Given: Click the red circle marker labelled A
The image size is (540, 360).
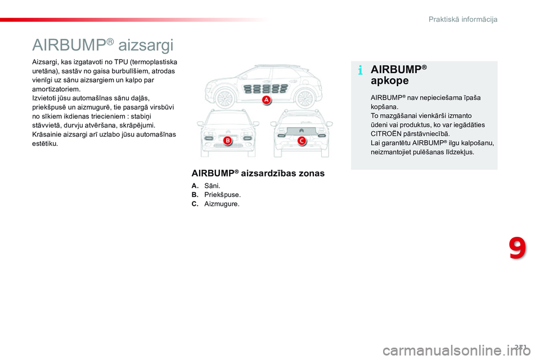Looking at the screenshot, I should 265,100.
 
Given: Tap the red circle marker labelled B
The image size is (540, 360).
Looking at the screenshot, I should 228,140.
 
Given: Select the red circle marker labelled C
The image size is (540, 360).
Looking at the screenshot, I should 301,140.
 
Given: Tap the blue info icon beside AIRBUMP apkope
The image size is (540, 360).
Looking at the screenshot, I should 360,71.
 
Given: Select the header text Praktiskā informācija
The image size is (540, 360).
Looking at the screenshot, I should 463,19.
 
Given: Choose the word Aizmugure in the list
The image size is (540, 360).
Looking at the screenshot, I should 222,204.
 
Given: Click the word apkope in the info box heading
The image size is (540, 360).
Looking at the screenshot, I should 390,80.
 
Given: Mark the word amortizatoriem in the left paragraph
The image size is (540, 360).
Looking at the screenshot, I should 56,89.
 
